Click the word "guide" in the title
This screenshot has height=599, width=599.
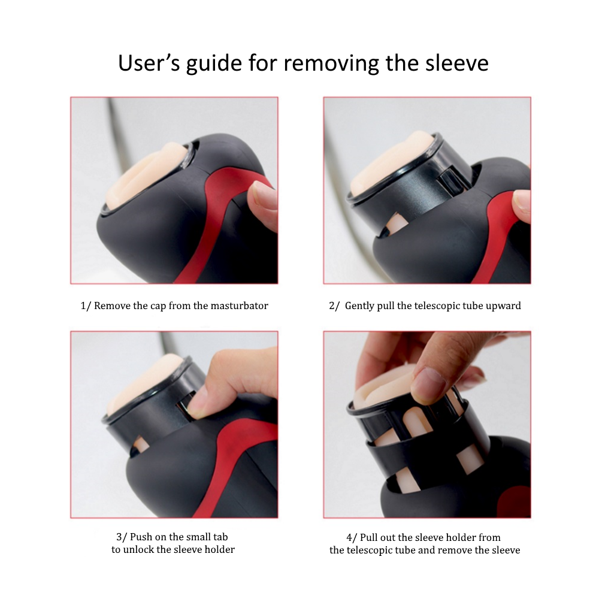tap(214, 64)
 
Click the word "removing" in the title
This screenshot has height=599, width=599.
tap(331, 64)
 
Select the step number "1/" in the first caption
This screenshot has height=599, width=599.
tap(86, 306)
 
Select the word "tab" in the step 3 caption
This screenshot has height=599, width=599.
tap(220, 537)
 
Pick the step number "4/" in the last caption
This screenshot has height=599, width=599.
tap(352, 538)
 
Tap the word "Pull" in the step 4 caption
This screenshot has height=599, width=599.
tap(368, 537)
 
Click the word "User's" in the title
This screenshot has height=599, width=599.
tap(149, 63)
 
